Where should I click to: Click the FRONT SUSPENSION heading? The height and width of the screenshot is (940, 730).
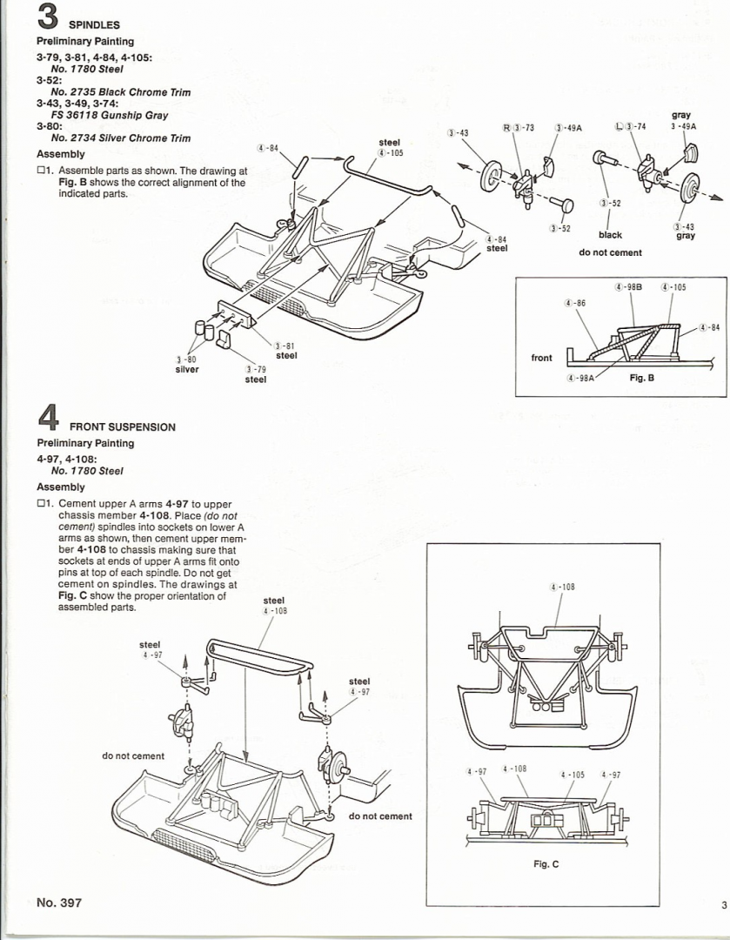tap(122, 427)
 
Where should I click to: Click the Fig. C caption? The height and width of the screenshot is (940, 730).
tap(546, 864)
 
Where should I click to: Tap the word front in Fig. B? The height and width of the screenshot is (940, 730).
tap(541, 358)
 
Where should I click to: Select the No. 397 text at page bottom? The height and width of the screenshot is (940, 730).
tap(59, 903)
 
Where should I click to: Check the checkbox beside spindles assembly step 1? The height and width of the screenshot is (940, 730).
tap(41, 171)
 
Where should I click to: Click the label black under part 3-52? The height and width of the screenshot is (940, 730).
tap(610, 235)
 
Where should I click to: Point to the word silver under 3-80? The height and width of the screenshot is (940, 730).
tap(187, 369)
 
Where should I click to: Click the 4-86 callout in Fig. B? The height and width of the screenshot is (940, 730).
tap(574, 303)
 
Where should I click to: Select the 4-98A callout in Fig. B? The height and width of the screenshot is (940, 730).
tap(580, 378)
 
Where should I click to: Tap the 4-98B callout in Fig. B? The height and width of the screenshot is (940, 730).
tap(628, 286)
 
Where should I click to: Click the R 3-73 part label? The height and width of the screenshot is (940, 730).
tap(518, 128)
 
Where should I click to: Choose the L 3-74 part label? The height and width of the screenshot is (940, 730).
tap(632, 128)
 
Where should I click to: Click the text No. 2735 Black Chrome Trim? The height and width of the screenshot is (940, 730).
tap(121, 92)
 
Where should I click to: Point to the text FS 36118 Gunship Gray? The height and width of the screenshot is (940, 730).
tap(110, 115)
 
